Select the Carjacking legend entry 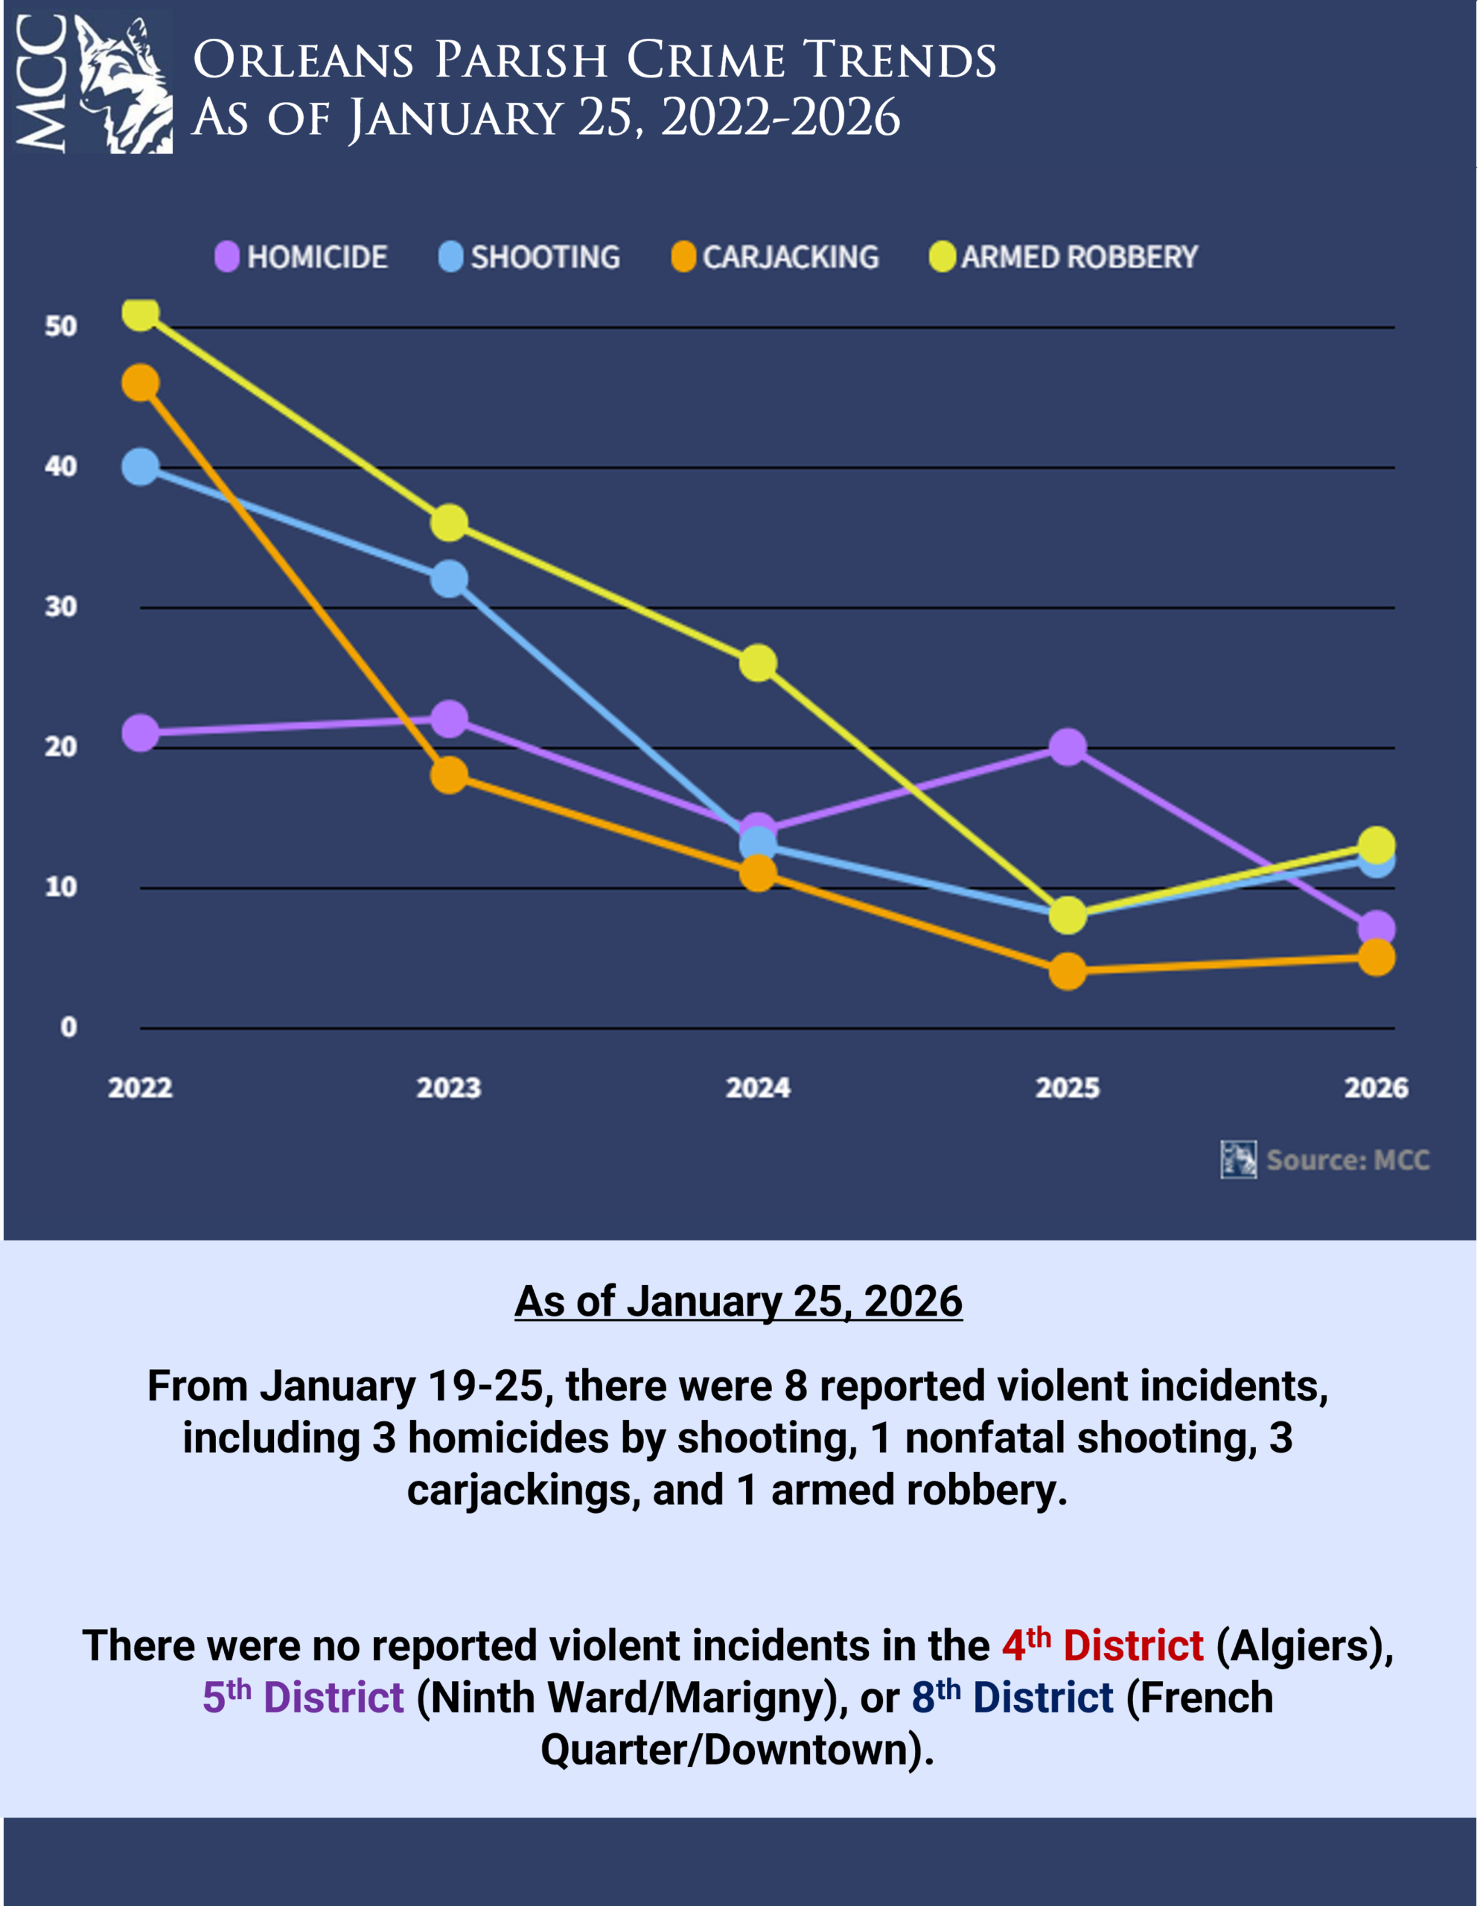pyautogui.click(x=775, y=257)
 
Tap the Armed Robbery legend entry pyautogui.click(x=1064, y=257)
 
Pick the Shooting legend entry pyautogui.click(x=530, y=257)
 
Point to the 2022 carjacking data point pyautogui.click(x=141, y=383)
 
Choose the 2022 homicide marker pyautogui.click(x=141, y=733)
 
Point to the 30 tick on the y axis pyautogui.click(x=61, y=607)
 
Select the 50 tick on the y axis pyautogui.click(x=61, y=326)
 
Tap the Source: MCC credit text pyautogui.click(x=1347, y=1160)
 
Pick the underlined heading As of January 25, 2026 pyautogui.click(x=739, y=1301)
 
